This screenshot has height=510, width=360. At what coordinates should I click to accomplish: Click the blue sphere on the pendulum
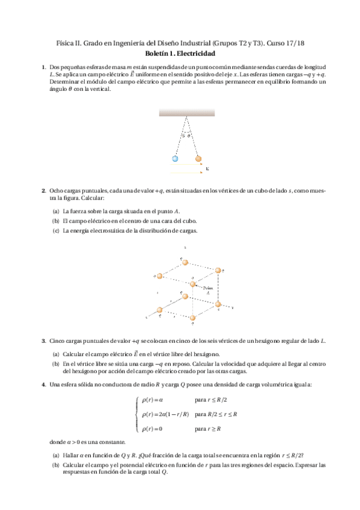(x=175, y=159)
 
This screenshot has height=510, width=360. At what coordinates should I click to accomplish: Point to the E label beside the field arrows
(x=207, y=169)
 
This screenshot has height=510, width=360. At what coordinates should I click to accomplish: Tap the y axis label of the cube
(x=232, y=307)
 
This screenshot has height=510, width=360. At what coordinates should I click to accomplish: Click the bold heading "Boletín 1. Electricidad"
(x=180, y=54)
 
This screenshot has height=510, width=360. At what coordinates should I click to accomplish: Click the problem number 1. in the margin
(x=43, y=67)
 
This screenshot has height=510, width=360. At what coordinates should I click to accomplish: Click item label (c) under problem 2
(x=56, y=230)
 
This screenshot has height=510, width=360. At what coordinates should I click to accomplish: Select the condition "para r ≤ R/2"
(x=211, y=400)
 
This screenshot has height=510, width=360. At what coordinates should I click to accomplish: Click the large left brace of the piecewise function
(x=138, y=414)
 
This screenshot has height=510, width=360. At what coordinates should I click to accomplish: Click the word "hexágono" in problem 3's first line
(x=285, y=341)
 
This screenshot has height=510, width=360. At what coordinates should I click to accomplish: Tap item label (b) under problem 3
(x=56, y=363)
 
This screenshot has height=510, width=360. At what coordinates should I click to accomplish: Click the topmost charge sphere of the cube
(x=185, y=263)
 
